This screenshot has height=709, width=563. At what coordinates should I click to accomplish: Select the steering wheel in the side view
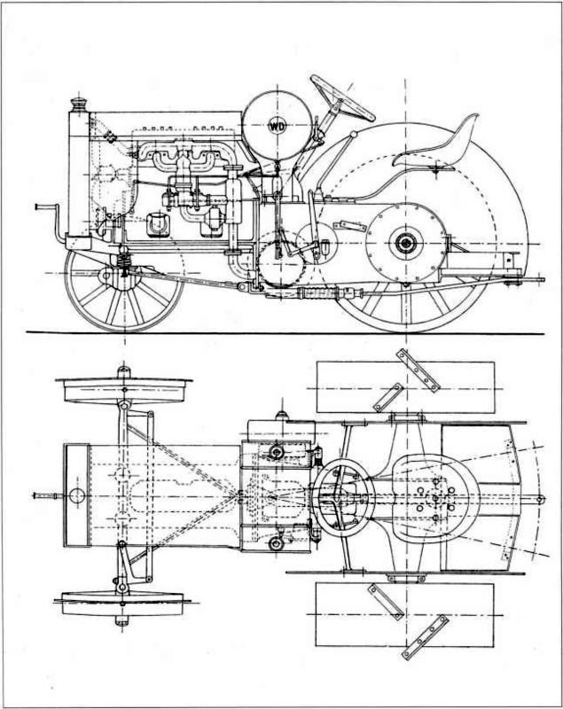pos(342,98)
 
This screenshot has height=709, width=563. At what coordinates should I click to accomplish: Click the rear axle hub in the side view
pos(404,244)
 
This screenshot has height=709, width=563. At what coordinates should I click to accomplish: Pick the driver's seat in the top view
pos(434,497)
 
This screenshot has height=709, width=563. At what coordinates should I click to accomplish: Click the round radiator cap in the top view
pos(77,495)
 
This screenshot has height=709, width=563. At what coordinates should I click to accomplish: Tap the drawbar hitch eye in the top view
pos(541,499)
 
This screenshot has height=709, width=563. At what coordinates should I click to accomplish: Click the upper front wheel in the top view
pos(123,390)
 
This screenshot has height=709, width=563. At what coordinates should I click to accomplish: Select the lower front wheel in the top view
pos(122,603)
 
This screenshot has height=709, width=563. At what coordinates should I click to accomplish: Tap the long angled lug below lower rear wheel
pos(425,636)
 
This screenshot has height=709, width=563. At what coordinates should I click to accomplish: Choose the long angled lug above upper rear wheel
pos(418,370)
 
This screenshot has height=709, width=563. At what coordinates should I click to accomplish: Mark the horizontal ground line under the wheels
pos(285,334)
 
